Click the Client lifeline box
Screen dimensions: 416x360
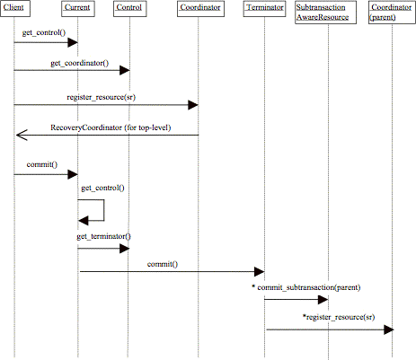coord(15,8)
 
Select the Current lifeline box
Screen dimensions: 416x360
coord(78,8)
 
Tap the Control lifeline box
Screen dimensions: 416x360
coord(130,8)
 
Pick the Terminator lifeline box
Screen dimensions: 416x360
coord(264,8)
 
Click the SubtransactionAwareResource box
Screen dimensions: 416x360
coord(325,12)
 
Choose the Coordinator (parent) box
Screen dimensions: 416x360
coord(392,12)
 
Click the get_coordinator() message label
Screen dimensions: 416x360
coord(80,63)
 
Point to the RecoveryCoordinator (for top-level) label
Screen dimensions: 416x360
coord(111,127)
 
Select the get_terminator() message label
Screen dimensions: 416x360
coord(103,236)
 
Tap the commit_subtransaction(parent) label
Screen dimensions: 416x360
coord(306,287)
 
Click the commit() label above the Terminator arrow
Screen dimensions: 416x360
coord(163,264)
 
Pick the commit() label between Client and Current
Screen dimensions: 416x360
coord(42,164)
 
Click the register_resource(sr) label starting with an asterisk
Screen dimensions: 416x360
coord(339,317)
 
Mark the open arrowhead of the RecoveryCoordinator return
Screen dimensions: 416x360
coord(22,135)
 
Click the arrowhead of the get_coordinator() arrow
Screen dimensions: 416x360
coord(125,70)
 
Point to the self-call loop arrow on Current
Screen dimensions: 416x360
coord(104,210)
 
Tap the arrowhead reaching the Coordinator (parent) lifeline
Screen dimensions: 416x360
coord(389,329)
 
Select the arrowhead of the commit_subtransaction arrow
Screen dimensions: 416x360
coord(323,299)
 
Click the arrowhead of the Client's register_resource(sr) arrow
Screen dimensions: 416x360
coord(193,105)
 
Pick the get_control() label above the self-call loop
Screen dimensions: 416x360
coord(102,188)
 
